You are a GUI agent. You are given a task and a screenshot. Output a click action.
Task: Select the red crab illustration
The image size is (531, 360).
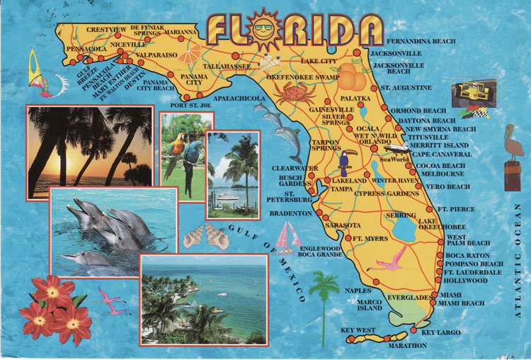[x=290, y=93]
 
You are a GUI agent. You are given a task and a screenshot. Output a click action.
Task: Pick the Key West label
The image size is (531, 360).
[x=357, y=330]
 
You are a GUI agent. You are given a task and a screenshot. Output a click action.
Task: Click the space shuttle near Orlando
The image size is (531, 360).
[x=396, y=148]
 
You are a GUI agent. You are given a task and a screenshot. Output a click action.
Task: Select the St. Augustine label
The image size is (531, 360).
[x=406, y=88]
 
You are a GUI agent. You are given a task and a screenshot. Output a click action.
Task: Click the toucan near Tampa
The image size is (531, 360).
[x=344, y=164]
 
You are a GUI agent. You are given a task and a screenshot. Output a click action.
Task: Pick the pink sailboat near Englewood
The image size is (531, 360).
[x=286, y=236]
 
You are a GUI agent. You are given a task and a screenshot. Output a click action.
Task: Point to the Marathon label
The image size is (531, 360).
[x=408, y=345]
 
